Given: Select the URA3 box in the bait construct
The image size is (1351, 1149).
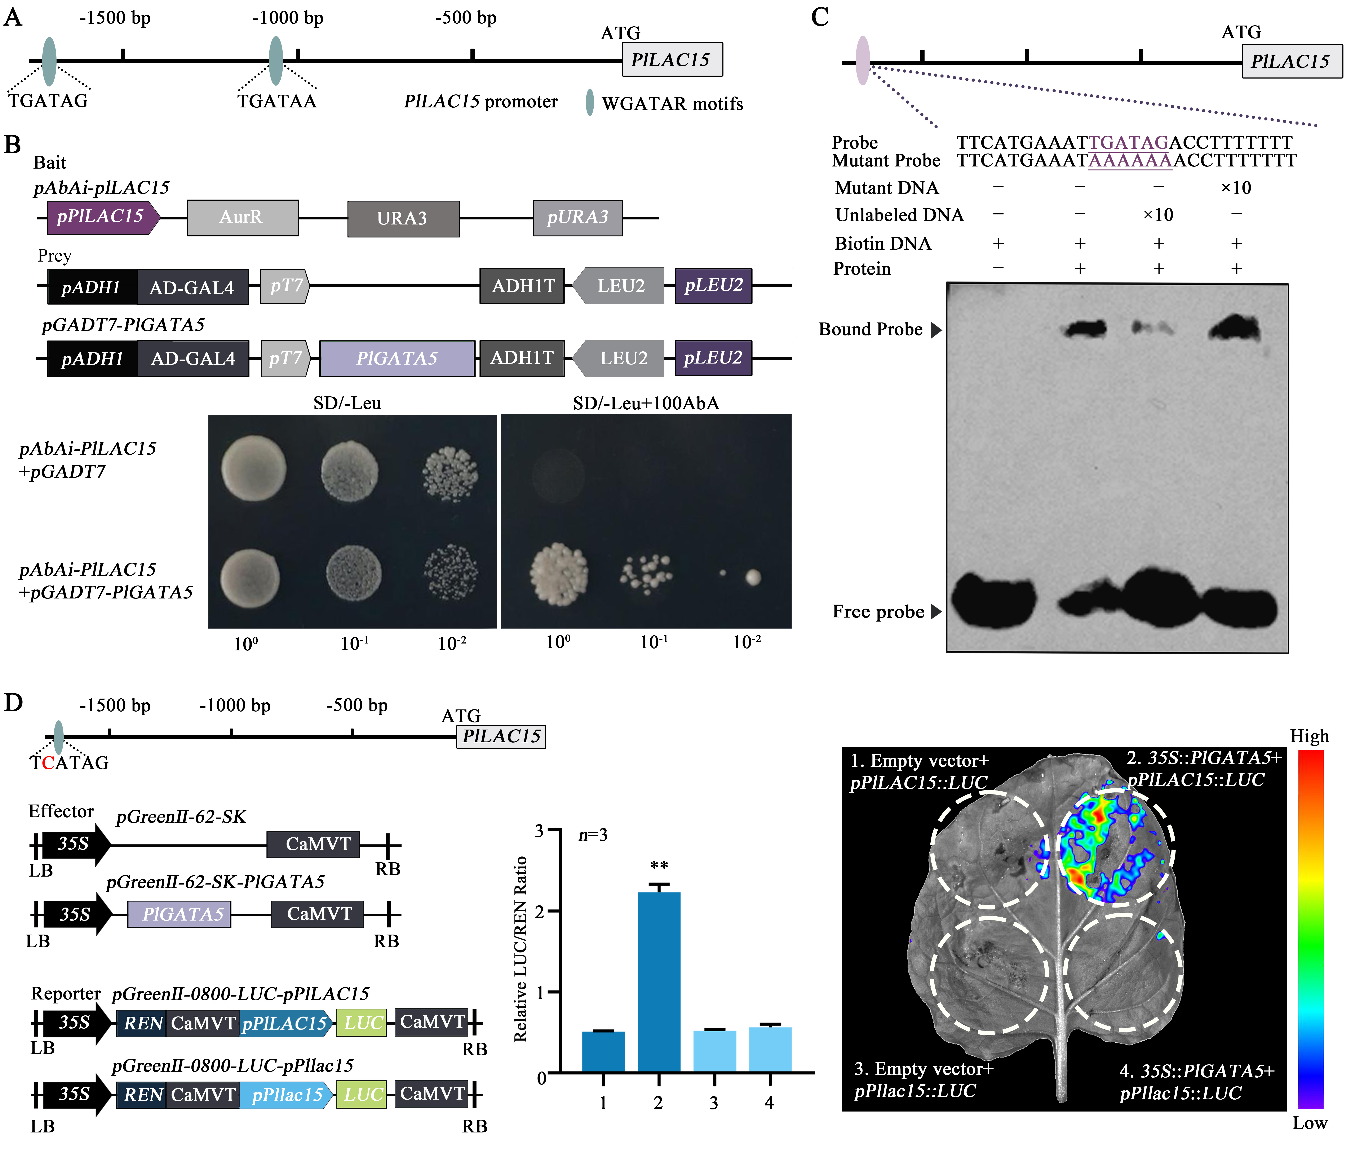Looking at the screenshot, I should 403,218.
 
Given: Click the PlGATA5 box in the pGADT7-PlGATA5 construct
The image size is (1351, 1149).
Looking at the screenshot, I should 397,358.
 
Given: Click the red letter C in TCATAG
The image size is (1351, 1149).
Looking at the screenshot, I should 48,763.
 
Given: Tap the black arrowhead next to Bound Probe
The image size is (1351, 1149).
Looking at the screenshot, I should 936,330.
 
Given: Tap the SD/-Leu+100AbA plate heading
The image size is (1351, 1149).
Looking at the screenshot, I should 646,403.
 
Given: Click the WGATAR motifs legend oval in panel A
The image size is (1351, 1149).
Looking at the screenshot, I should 589,103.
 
